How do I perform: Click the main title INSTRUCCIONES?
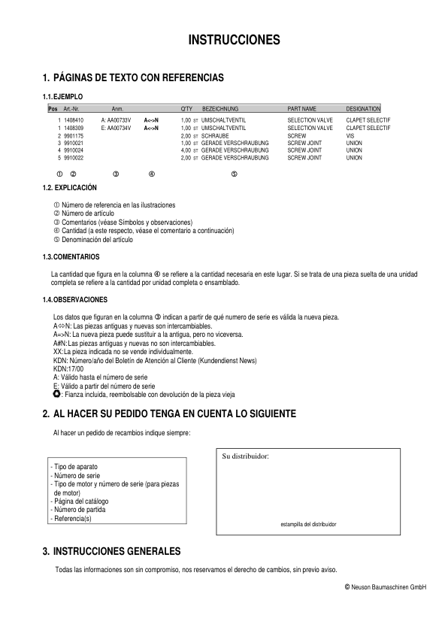point(234,39)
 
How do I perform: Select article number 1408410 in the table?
point(74,120)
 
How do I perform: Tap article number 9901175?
point(74,135)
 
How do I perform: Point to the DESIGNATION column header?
point(363,109)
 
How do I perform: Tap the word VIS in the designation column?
point(350,135)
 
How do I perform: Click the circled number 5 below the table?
point(235,174)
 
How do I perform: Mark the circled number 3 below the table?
point(117,174)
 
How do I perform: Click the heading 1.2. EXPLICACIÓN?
point(70,187)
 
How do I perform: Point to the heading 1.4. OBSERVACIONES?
point(75,299)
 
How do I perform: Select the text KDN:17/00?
point(68,369)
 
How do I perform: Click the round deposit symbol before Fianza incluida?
point(57,393)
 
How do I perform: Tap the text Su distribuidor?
point(246,456)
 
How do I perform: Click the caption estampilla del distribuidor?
point(307,523)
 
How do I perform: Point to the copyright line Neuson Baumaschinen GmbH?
point(385,586)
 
